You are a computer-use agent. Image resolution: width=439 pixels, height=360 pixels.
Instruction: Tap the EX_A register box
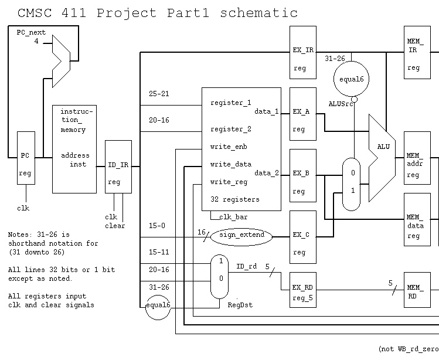[302, 120]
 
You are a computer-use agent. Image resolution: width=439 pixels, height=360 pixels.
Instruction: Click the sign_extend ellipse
[241, 236]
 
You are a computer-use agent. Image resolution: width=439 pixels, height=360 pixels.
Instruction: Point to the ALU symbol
[382, 157]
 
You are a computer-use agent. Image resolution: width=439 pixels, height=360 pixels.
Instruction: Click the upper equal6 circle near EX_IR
[351, 80]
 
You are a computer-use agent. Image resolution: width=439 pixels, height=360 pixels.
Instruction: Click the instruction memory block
[74, 149]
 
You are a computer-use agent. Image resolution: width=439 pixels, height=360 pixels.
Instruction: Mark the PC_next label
[31, 33]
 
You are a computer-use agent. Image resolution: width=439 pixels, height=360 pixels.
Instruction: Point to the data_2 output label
[267, 174]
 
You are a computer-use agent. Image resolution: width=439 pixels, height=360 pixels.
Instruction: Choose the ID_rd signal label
[246, 266]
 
